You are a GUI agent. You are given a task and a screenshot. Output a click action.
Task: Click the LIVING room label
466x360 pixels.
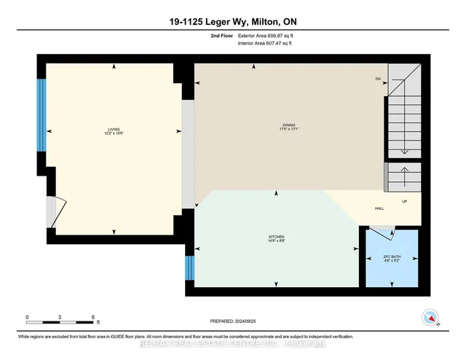pos(113,128)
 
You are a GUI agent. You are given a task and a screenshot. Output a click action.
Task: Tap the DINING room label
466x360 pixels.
pos(291,126)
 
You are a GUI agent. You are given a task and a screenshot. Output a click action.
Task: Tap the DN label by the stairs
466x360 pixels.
pos(378,78)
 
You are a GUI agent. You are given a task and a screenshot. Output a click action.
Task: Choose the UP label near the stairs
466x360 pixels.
pos(404,201)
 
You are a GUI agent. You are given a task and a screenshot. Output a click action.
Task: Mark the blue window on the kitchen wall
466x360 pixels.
pos(190,267)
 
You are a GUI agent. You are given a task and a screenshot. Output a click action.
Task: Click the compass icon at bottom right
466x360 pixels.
pos(430,318)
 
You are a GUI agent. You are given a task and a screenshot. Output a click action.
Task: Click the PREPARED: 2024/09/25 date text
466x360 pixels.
pos(232,321)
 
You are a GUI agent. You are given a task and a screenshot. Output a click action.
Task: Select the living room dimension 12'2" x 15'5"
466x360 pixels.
pos(113,133)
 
